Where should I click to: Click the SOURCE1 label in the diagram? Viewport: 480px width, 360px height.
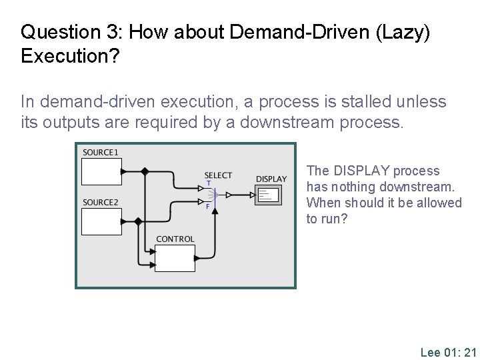coord(101,153)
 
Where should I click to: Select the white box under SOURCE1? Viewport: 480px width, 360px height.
coord(101,171)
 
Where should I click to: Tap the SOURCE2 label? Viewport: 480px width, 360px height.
coord(101,202)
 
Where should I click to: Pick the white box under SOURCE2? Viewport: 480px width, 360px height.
coord(101,221)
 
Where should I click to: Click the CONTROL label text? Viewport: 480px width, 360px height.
coord(175,239)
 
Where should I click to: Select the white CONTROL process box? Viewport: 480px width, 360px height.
coord(175,258)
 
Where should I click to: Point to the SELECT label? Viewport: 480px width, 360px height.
coord(218,175)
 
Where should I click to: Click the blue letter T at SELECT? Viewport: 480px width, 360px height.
coord(208,183)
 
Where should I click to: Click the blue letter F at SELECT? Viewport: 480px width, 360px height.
coord(208,207)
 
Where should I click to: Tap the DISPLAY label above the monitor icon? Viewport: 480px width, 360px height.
coord(271,179)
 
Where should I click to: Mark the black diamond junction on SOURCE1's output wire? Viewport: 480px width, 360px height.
coord(145,171)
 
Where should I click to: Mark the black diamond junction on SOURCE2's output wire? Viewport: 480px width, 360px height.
coord(138,221)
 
